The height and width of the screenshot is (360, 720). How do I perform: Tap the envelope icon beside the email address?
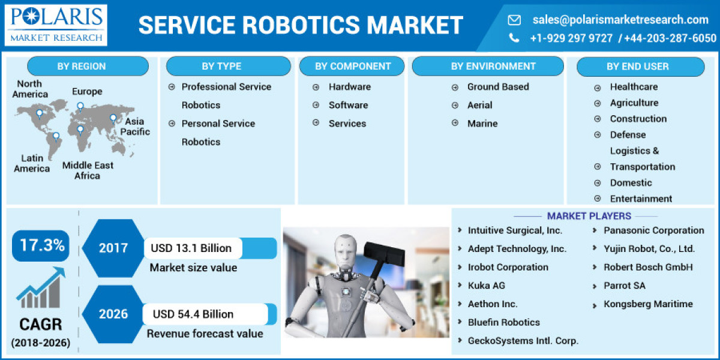pyautogui.click(x=514, y=20)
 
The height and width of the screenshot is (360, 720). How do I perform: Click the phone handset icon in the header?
pyautogui.click(x=514, y=38)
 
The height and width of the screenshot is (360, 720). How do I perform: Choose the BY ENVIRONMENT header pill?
pyautogui.click(x=487, y=66)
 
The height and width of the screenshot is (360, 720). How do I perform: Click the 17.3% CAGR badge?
pyautogui.click(x=41, y=245)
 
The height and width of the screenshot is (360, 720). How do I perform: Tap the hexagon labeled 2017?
pyautogui.click(x=113, y=248)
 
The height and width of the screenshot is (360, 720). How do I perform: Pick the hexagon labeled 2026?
pyautogui.click(x=113, y=314)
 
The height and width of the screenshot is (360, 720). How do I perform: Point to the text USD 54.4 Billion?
pyautogui.click(x=193, y=314)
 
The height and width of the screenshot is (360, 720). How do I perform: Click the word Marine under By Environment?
pyautogui.click(x=482, y=124)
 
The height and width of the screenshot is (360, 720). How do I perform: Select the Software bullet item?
pyautogui.click(x=348, y=105)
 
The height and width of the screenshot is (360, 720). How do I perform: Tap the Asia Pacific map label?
pyautogui.click(x=134, y=127)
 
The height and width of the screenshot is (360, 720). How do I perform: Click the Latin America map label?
pyautogui.click(x=32, y=163)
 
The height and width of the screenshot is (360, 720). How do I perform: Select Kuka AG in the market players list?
pyautogui.click(x=487, y=286)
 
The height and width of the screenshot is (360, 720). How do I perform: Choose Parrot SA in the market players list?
pyautogui.click(x=625, y=286)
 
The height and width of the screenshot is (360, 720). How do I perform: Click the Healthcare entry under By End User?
pyautogui.click(x=634, y=87)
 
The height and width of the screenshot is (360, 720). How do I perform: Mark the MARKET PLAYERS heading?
pyautogui.click(x=589, y=216)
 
